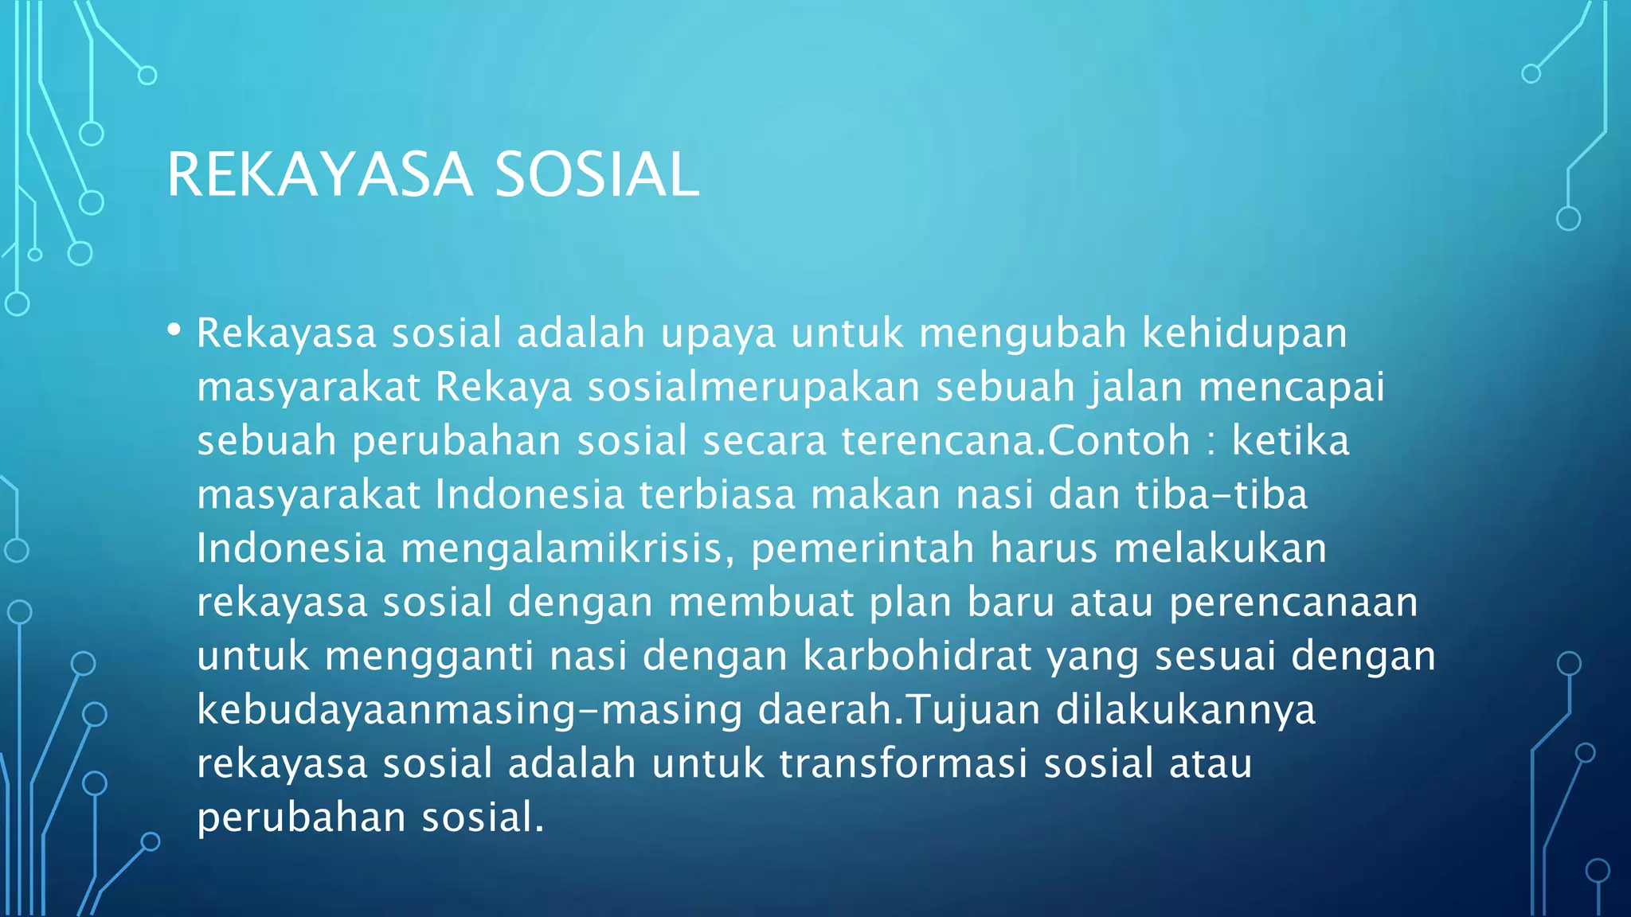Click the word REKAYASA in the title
319,175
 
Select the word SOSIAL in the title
596,175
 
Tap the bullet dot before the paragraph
174,329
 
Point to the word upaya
718,335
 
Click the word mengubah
1023,335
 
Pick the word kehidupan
1244,334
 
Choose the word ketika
1290,441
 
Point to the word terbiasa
718,495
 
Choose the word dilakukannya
1186,711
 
